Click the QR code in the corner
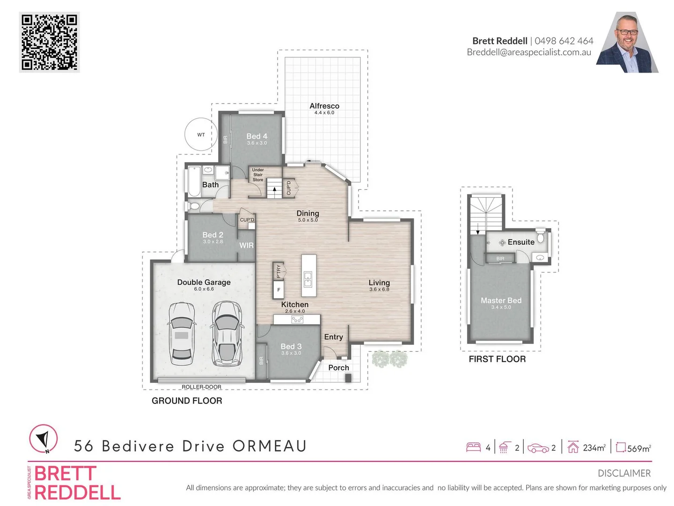[x=49, y=42]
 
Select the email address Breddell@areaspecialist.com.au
[x=529, y=52]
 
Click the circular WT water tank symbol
[x=201, y=134]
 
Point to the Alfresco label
[x=324, y=106]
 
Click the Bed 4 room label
[x=256, y=136]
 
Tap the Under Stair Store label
[x=258, y=175]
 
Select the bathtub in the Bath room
[x=194, y=182]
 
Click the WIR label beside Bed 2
[x=246, y=245]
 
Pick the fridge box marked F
[x=278, y=290]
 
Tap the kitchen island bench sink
[x=308, y=279]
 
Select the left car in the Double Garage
[x=181, y=334]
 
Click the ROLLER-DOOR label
[x=201, y=387]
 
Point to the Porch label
[x=338, y=368]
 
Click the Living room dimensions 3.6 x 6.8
[x=379, y=290]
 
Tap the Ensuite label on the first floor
[x=520, y=242]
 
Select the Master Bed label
[x=501, y=300]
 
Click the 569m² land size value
[x=638, y=448]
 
